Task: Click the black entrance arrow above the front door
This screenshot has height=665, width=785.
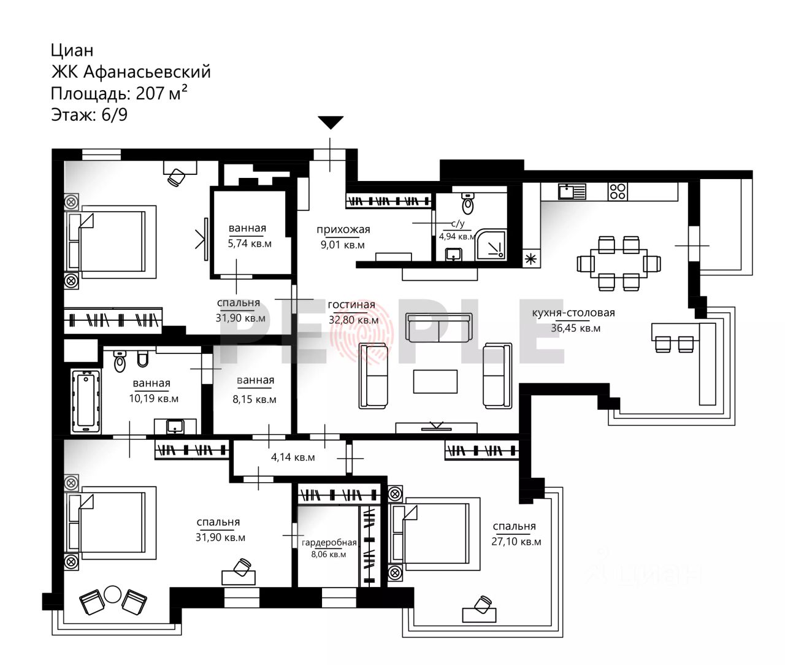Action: (x=331, y=122)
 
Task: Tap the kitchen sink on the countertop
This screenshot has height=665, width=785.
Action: (x=572, y=191)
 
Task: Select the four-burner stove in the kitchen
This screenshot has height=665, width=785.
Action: (x=618, y=191)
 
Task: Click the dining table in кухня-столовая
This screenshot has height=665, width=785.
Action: (x=619, y=263)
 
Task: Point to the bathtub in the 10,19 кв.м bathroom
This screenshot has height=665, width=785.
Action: (x=85, y=402)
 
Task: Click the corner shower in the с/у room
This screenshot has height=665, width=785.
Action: (x=491, y=244)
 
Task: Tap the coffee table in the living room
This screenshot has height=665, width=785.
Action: (x=435, y=381)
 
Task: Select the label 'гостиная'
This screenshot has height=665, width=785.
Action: (x=351, y=304)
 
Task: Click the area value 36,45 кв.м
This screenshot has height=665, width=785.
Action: (x=576, y=328)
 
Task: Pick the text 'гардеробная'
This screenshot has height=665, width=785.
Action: (x=329, y=543)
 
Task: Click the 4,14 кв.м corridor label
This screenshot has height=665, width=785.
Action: (x=293, y=457)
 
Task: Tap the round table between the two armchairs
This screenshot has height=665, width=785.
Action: (x=112, y=594)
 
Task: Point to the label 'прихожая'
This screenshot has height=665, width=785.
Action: (x=343, y=229)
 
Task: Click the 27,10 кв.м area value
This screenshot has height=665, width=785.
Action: (x=516, y=542)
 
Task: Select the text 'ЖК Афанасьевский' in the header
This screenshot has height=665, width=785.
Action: (x=131, y=72)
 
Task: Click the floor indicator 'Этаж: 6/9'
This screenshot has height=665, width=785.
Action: (x=90, y=114)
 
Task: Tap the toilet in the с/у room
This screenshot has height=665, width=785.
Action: (x=468, y=203)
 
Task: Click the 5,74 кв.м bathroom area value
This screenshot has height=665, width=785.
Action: (x=250, y=244)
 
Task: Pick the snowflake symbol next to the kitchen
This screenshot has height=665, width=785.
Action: (x=530, y=259)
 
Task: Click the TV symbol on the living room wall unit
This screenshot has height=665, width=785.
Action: (x=437, y=426)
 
